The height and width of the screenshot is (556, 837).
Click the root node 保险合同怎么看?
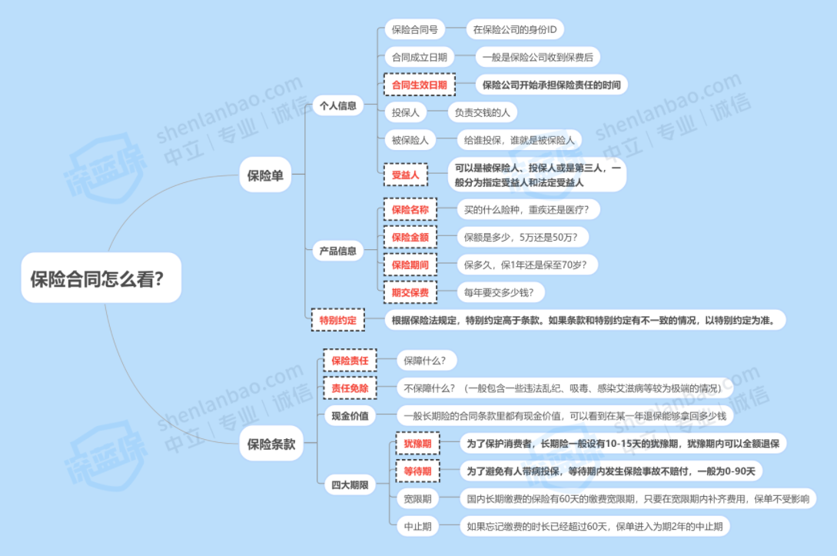(101, 278)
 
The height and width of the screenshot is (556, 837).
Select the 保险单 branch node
(265, 175)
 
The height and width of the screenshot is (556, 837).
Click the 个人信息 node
(337, 105)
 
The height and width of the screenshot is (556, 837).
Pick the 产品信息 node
(337, 251)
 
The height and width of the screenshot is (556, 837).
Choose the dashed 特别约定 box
(337, 319)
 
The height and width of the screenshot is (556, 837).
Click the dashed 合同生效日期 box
(419, 85)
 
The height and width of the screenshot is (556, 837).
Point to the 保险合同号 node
(414, 30)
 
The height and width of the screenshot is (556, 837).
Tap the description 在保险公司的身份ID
(515, 30)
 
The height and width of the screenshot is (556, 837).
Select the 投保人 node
(405, 112)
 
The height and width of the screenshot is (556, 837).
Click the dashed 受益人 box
(405, 175)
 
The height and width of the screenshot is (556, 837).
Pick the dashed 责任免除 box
(350, 388)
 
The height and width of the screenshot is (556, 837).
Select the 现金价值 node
(350, 416)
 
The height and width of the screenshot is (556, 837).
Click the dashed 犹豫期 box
(417, 444)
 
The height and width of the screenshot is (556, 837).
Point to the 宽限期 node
(417, 499)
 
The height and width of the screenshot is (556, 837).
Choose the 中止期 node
(417, 527)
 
